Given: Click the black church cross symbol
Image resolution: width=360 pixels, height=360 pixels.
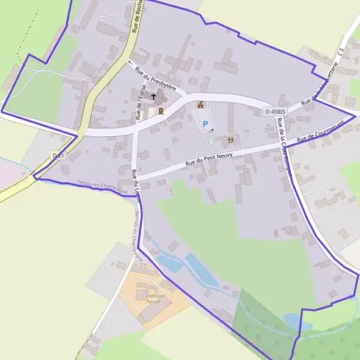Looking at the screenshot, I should tap(153, 97).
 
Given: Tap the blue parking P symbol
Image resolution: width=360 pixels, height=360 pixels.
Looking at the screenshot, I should tap(205, 125).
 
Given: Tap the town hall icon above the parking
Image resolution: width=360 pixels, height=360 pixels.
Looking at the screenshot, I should tap(200, 105).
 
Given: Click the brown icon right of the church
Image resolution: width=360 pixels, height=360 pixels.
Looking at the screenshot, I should tap(161, 110).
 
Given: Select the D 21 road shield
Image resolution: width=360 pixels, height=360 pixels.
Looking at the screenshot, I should tap(58, 155).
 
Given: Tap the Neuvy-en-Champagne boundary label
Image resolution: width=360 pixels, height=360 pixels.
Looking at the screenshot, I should tap(103, 188).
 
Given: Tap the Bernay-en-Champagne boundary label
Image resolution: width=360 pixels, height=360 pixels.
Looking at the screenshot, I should tap(137, 234).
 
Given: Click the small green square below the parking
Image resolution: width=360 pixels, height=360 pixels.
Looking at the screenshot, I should tap(211, 140).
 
